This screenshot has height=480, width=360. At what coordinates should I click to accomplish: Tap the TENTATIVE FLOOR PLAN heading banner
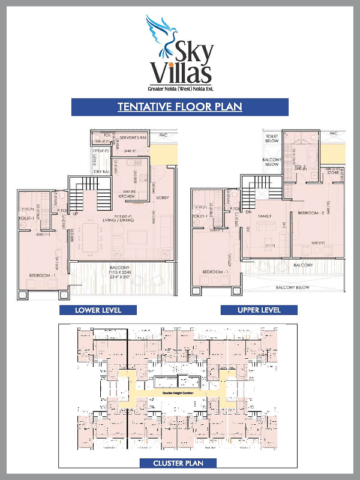tap(179, 107)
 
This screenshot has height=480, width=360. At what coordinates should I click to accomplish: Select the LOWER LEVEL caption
tap(98, 310)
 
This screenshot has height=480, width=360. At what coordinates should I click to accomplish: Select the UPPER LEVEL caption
tap(259, 310)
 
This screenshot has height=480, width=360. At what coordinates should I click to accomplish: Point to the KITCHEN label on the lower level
tap(127, 196)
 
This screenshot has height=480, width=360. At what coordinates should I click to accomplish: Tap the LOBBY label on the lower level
tap(163, 197)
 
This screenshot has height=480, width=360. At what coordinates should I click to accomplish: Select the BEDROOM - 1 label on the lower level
tap(42, 275)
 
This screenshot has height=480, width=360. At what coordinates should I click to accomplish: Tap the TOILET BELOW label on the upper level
tap(272, 139)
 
